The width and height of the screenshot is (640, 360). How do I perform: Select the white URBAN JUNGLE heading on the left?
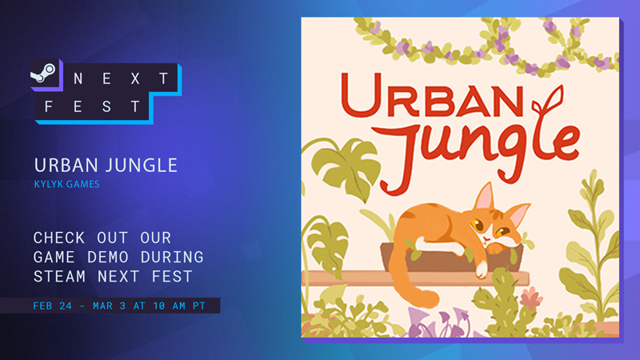point(106,165)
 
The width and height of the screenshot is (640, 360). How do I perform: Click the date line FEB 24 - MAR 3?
point(109,305)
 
